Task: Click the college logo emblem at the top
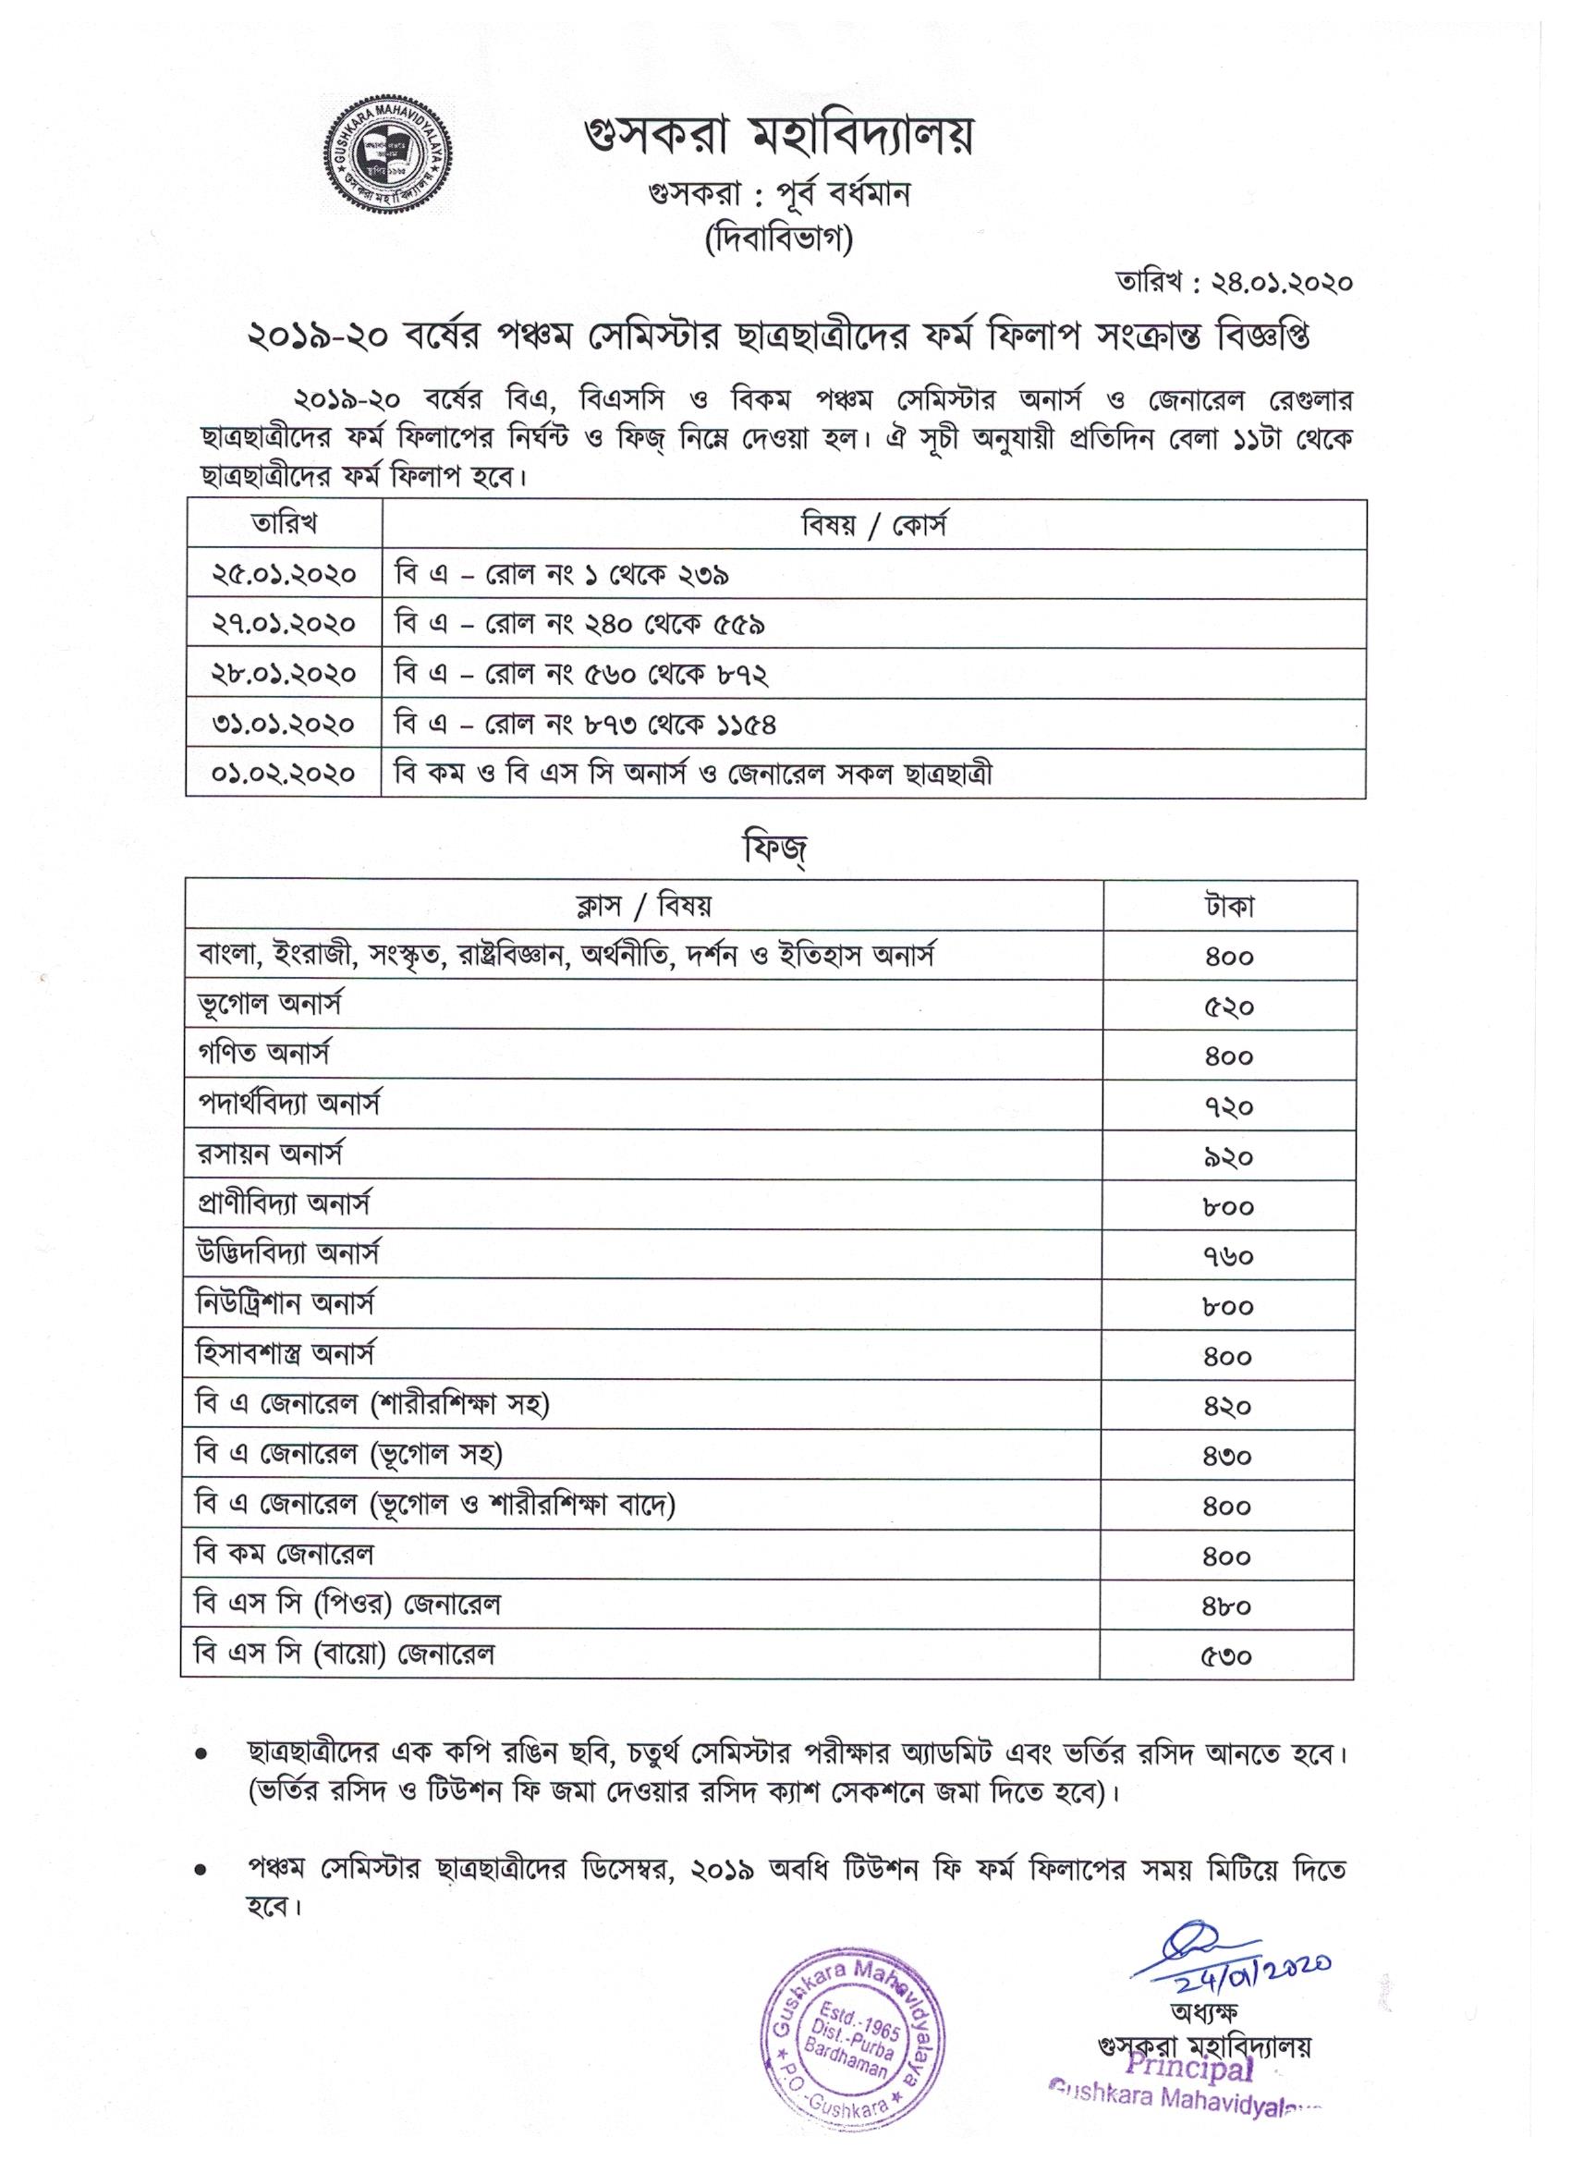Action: (x=386, y=153)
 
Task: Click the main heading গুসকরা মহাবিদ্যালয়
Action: (x=780, y=138)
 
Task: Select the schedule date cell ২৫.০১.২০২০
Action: (x=284, y=574)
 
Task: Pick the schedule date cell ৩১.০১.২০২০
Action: (x=284, y=724)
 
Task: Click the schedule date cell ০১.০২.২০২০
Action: (x=284, y=773)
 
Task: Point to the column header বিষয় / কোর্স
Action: (x=872, y=525)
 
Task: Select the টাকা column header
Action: (x=1228, y=906)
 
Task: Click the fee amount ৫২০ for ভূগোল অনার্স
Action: (x=1228, y=1007)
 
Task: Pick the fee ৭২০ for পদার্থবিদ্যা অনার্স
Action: (x=1228, y=1106)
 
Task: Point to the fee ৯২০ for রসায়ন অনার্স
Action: (x=1228, y=1156)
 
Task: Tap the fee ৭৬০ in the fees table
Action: (x=1228, y=1256)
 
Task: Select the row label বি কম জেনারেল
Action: (x=284, y=1555)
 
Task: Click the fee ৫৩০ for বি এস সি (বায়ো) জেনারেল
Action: (x=1228, y=1655)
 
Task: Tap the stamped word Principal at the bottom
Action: (x=1188, y=2067)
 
